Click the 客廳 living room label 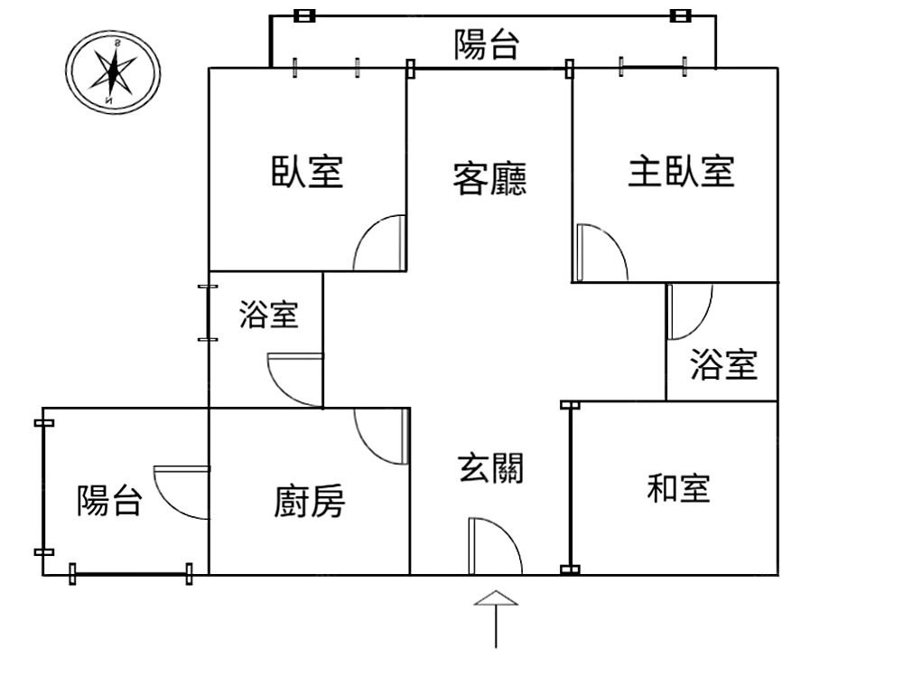489,178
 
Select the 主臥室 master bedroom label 681,170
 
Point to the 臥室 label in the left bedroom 307,170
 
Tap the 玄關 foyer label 491,468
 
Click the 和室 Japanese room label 678,488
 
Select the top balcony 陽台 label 487,43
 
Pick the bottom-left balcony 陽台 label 109,499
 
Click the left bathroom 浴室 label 268,315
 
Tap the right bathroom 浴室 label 723,364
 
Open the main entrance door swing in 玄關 493,546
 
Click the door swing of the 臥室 380,244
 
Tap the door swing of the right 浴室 688,311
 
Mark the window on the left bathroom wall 208,314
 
